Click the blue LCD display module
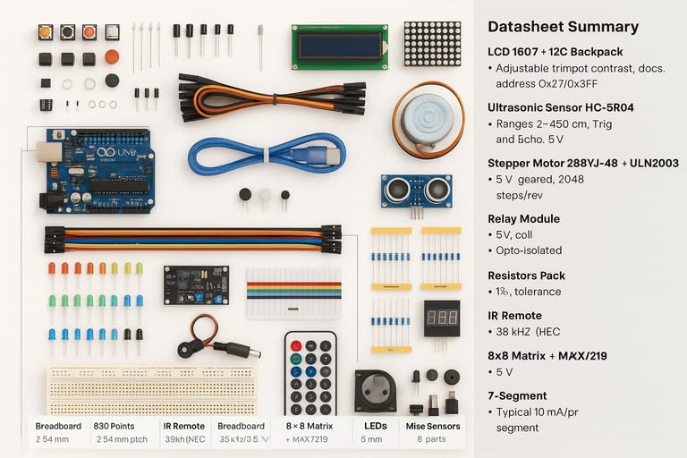(x=339, y=47)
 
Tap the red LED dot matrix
(x=432, y=44)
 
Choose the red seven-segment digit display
(x=441, y=318)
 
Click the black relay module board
(x=195, y=284)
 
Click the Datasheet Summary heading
(x=564, y=27)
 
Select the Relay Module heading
(x=523, y=218)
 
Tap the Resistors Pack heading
(x=527, y=276)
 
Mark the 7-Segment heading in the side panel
(x=517, y=395)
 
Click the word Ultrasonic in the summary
(x=518, y=107)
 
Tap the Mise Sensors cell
(x=432, y=427)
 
